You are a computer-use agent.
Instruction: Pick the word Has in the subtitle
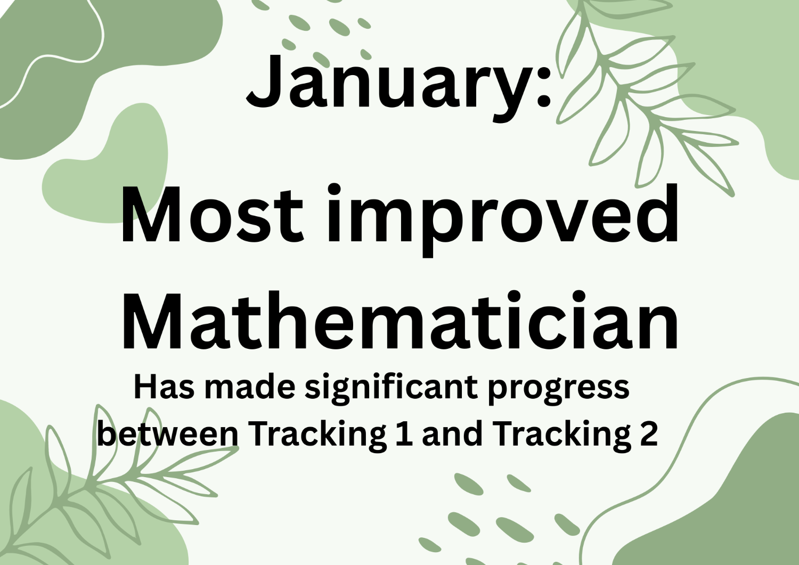[x=164, y=387]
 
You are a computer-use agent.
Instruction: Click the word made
[x=250, y=387]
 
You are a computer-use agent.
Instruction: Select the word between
[x=168, y=434]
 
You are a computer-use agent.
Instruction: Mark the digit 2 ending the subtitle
[x=649, y=434]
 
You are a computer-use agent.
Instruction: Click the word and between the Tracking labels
[x=452, y=434]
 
